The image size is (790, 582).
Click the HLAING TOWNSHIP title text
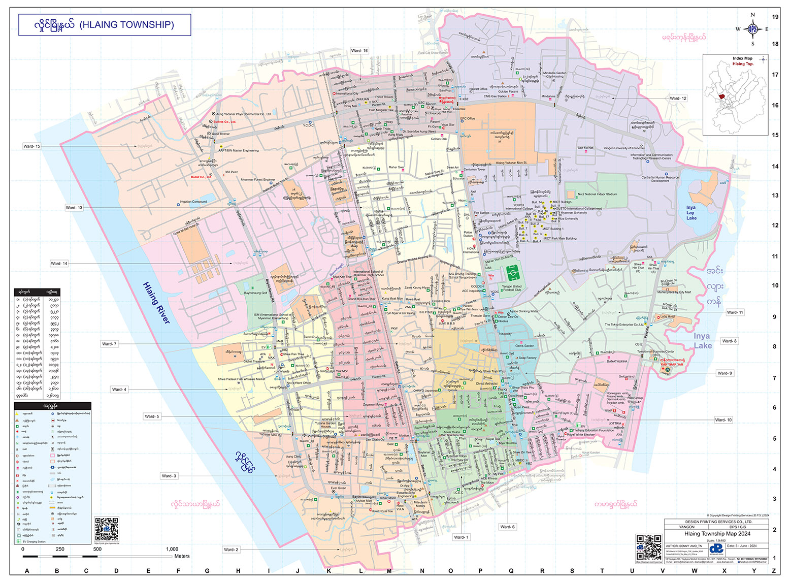[x=126, y=24]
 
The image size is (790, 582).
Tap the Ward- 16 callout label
[x=359, y=51]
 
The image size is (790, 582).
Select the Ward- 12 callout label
[x=678, y=99]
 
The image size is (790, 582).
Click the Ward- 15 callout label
[x=31, y=146]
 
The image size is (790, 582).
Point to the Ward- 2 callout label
[x=231, y=549]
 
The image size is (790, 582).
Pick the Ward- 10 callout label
[x=723, y=420]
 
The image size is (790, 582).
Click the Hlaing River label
[x=156, y=303]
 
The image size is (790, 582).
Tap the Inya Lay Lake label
[x=691, y=213]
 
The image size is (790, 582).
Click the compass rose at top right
[x=752, y=29]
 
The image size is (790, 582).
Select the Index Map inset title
[x=742, y=58]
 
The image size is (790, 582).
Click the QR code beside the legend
[x=106, y=530]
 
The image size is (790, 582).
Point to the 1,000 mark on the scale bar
[x=172, y=549]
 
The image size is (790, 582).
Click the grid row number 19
[x=775, y=17]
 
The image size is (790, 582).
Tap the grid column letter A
[x=27, y=571]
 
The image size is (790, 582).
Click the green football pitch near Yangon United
[x=513, y=274]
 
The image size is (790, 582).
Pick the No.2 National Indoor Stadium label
[x=597, y=194]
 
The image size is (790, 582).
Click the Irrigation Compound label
[x=193, y=202]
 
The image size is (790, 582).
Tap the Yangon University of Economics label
[x=623, y=148]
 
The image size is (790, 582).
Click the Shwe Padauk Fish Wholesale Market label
[x=241, y=379]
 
